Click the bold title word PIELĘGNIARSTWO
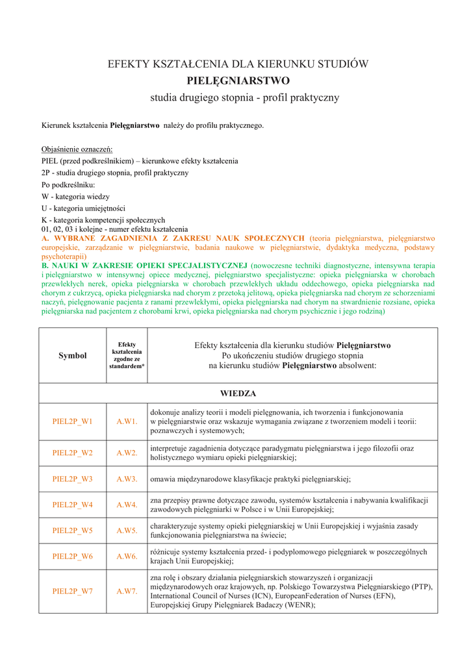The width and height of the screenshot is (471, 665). click(238, 81)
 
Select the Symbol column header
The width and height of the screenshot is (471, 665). click(72, 355)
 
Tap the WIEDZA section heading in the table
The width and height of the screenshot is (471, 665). click(238, 394)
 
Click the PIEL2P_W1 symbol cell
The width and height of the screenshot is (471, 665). click(72, 421)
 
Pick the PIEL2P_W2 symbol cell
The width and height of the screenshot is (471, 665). click(72, 453)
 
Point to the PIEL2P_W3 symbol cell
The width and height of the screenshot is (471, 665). click(72, 479)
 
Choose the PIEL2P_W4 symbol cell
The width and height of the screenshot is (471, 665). click(72, 505)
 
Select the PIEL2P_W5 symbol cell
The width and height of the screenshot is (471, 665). click(72, 531)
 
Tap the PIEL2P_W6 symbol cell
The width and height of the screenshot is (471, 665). click(72, 557)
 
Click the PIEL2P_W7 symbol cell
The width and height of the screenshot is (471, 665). click(72, 591)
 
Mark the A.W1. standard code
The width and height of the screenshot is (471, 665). click(127, 421)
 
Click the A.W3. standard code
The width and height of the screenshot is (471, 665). click(127, 479)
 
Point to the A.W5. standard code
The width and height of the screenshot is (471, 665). click(127, 531)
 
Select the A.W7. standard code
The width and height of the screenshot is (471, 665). click(127, 591)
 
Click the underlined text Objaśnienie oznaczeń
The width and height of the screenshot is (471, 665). click(77, 149)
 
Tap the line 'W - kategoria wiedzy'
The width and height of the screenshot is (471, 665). click(75, 196)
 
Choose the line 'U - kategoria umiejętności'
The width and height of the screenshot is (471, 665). click(83, 208)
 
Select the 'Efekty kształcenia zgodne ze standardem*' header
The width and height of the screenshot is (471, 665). click(127, 355)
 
